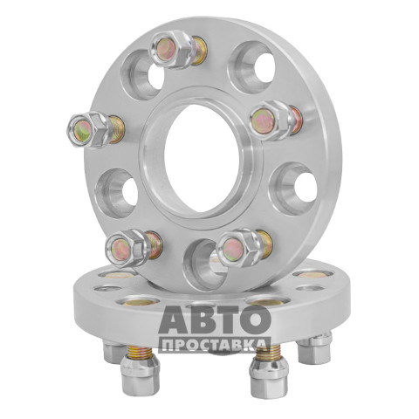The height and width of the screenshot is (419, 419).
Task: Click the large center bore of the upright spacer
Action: coord(203,158)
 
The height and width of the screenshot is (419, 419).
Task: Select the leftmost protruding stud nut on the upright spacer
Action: coord(90,130)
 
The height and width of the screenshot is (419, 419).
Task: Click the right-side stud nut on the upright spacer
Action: coord(271,120)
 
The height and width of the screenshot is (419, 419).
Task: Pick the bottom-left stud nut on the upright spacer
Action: coord(127,248)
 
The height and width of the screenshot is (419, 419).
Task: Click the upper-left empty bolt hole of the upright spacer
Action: coord(142,75)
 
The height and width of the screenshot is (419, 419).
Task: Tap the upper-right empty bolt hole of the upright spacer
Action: coord(252,67)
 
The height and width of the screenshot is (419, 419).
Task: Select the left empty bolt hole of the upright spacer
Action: coord(117,193)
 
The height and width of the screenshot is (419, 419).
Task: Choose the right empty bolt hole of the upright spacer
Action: coord(293,189)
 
